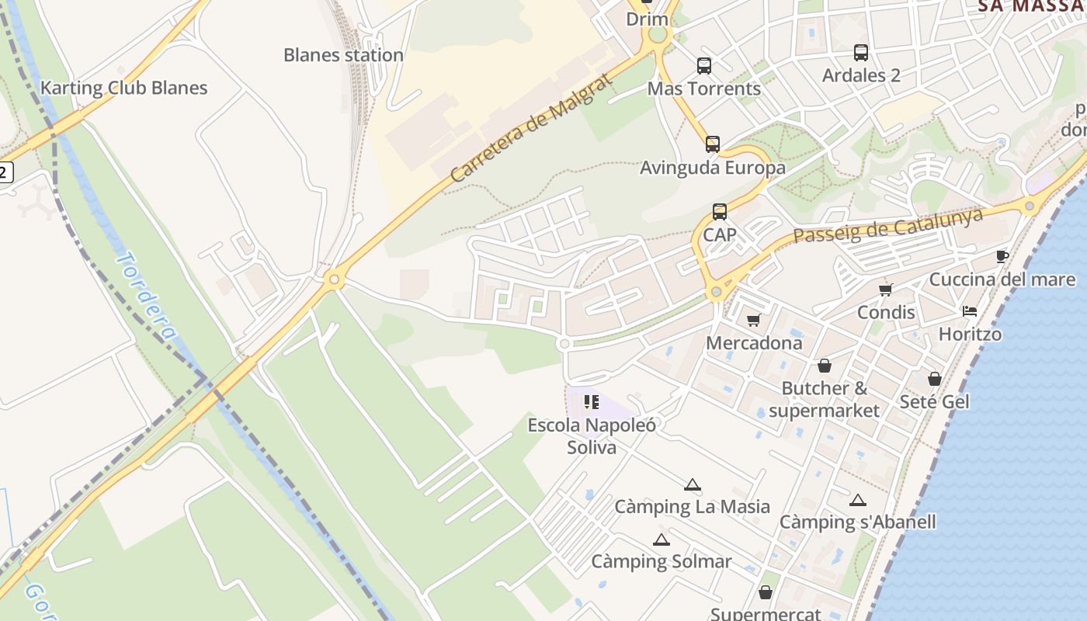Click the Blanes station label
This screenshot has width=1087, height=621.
(343, 55)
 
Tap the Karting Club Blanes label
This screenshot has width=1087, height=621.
(123, 88)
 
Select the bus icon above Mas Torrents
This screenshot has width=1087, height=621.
(704, 66)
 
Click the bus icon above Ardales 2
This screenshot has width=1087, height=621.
(861, 53)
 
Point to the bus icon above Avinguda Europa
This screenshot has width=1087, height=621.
(713, 144)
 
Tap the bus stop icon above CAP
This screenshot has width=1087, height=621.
(720, 212)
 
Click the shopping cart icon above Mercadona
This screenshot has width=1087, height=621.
(753, 320)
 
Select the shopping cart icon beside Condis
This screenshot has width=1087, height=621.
(885, 290)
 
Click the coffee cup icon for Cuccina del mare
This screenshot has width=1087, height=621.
(1002, 256)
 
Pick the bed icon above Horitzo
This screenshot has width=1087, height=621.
(970, 311)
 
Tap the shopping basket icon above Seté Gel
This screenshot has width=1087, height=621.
(935, 379)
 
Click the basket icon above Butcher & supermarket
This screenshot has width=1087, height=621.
(825, 365)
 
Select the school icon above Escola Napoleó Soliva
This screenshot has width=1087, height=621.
(592, 402)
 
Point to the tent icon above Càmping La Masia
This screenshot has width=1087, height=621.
(693, 485)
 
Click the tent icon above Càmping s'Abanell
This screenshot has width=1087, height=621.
(857, 501)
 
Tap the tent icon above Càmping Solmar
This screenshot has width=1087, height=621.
(662, 540)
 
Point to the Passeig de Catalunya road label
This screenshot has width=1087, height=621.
(888, 224)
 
